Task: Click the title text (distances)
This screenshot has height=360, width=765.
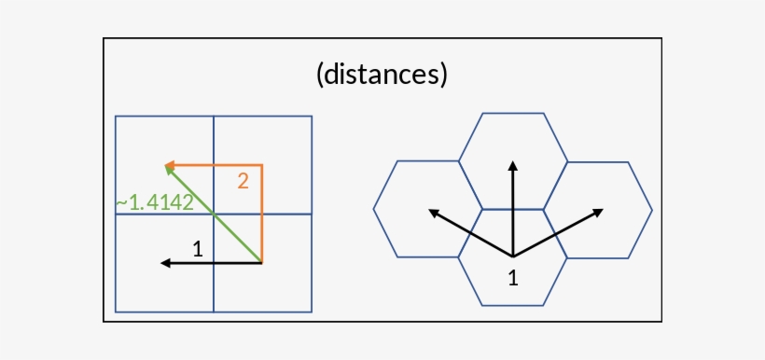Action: [382, 75]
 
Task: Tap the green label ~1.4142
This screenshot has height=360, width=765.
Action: [154, 202]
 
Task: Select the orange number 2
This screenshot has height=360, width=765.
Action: [243, 181]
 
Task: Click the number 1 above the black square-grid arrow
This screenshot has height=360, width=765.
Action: [197, 248]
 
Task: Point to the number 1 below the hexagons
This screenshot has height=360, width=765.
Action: [512, 277]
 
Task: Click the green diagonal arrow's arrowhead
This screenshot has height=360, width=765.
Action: [169, 169]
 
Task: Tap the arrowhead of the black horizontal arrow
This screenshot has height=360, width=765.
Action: [166, 263]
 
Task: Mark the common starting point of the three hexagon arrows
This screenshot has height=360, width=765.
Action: [512, 256]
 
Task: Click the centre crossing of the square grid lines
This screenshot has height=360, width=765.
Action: [214, 214]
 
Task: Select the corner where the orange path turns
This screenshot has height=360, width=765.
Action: [262, 165]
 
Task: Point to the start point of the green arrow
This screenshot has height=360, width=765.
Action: [261, 262]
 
